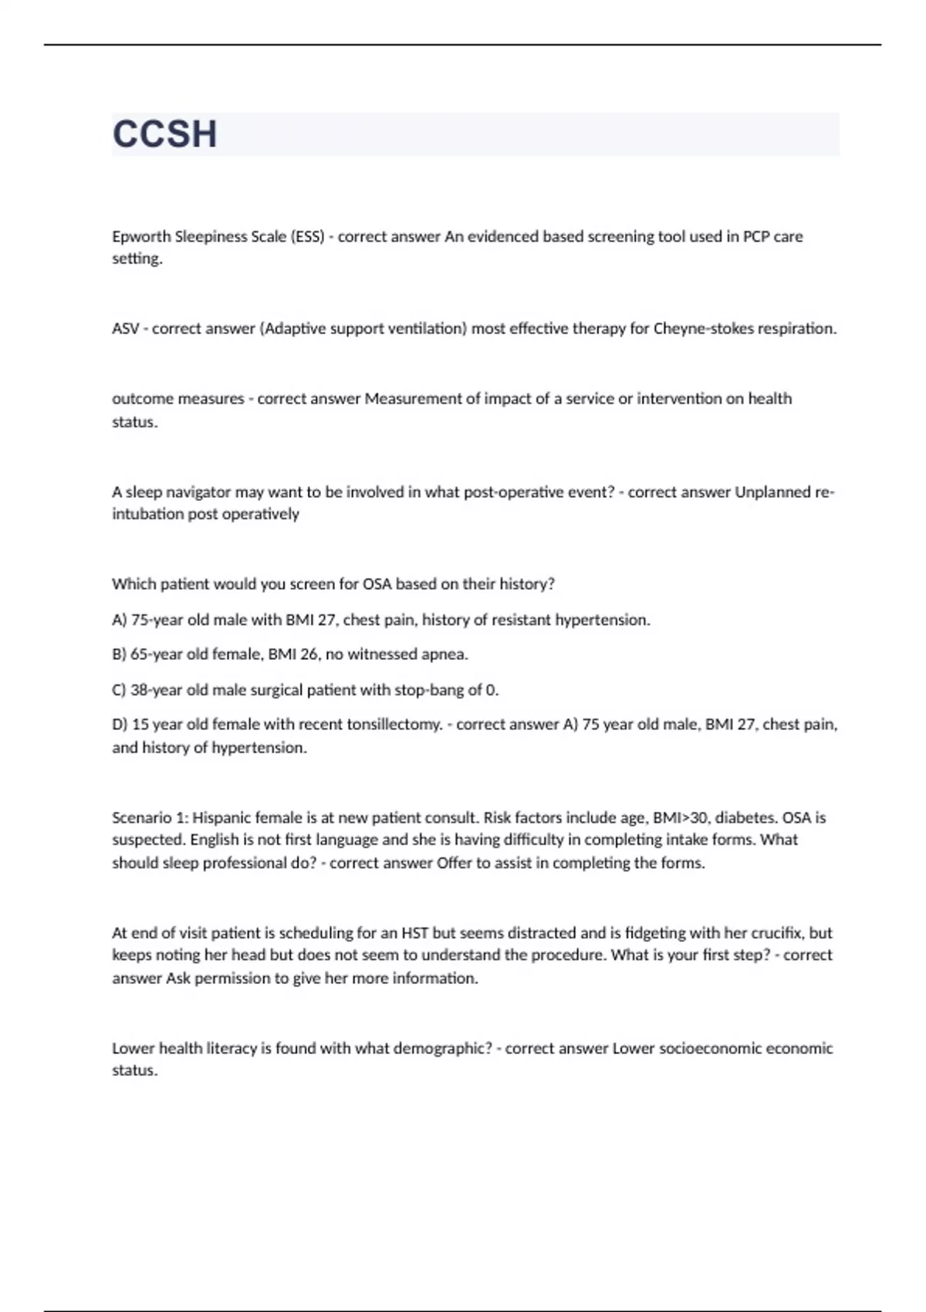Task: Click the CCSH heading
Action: [x=164, y=134]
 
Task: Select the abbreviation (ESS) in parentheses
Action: [x=307, y=237]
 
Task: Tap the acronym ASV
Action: [x=125, y=329]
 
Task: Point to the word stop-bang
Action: [x=429, y=690]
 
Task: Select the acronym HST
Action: [x=414, y=932]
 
